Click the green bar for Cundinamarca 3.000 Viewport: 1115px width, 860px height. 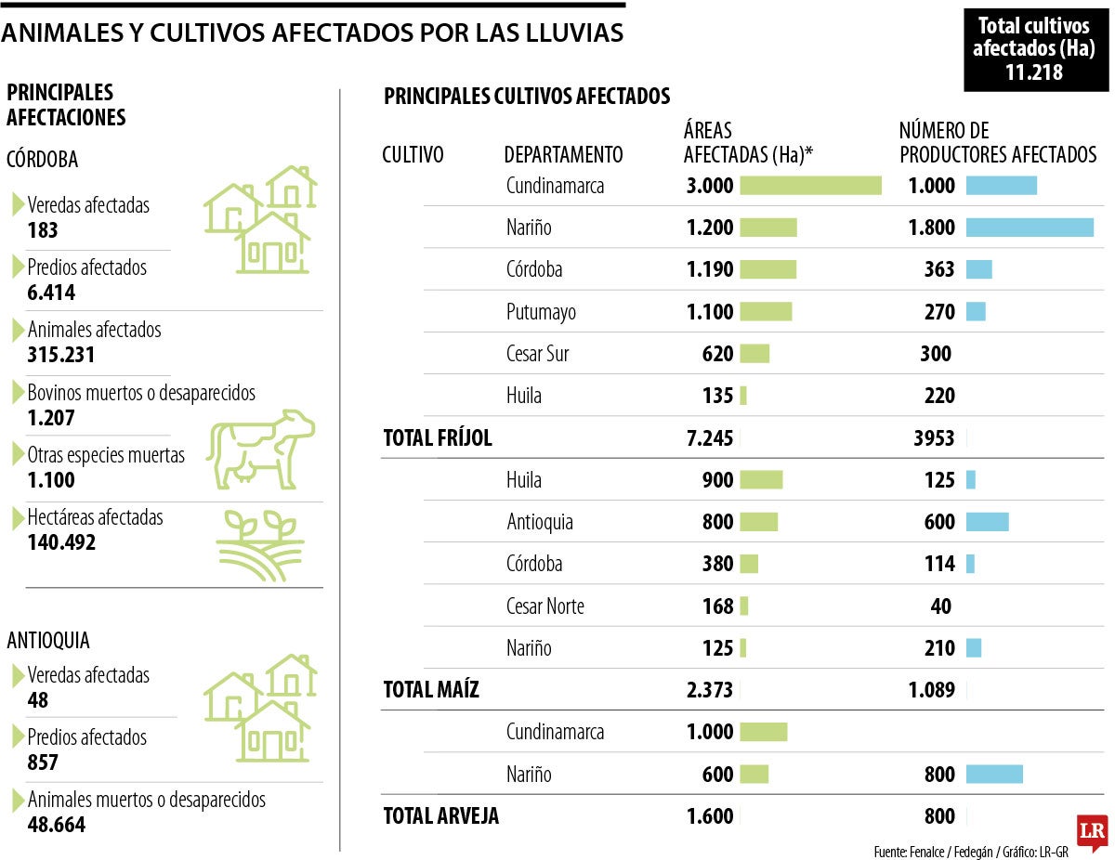(x=810, y=186)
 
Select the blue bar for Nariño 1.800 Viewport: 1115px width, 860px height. (x=1030, y=228)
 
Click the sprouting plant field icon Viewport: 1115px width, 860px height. (x=259, y=545)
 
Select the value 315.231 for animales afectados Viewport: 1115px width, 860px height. (x=61, y=355)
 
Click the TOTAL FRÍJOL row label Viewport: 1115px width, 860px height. (x=438, y=438)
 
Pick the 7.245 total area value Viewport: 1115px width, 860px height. (x=710, y=438)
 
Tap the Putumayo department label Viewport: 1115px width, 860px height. (x=541, y=312)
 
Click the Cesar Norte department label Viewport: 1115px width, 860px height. (x=544, y=606)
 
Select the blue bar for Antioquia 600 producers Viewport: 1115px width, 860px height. (x=987, y=522)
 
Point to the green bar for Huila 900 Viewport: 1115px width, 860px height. (x=761, y=480)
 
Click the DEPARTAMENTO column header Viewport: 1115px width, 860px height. (x=563, y=154)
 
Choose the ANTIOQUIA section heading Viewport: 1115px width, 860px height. (x=48, y=641)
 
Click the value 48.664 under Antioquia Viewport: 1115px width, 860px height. (x=57, y=825)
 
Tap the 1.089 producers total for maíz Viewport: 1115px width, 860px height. (x=931, y=690)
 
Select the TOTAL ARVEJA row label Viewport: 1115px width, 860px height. (x=441, y=816)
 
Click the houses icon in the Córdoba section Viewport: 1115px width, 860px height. (x=261, y=219)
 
